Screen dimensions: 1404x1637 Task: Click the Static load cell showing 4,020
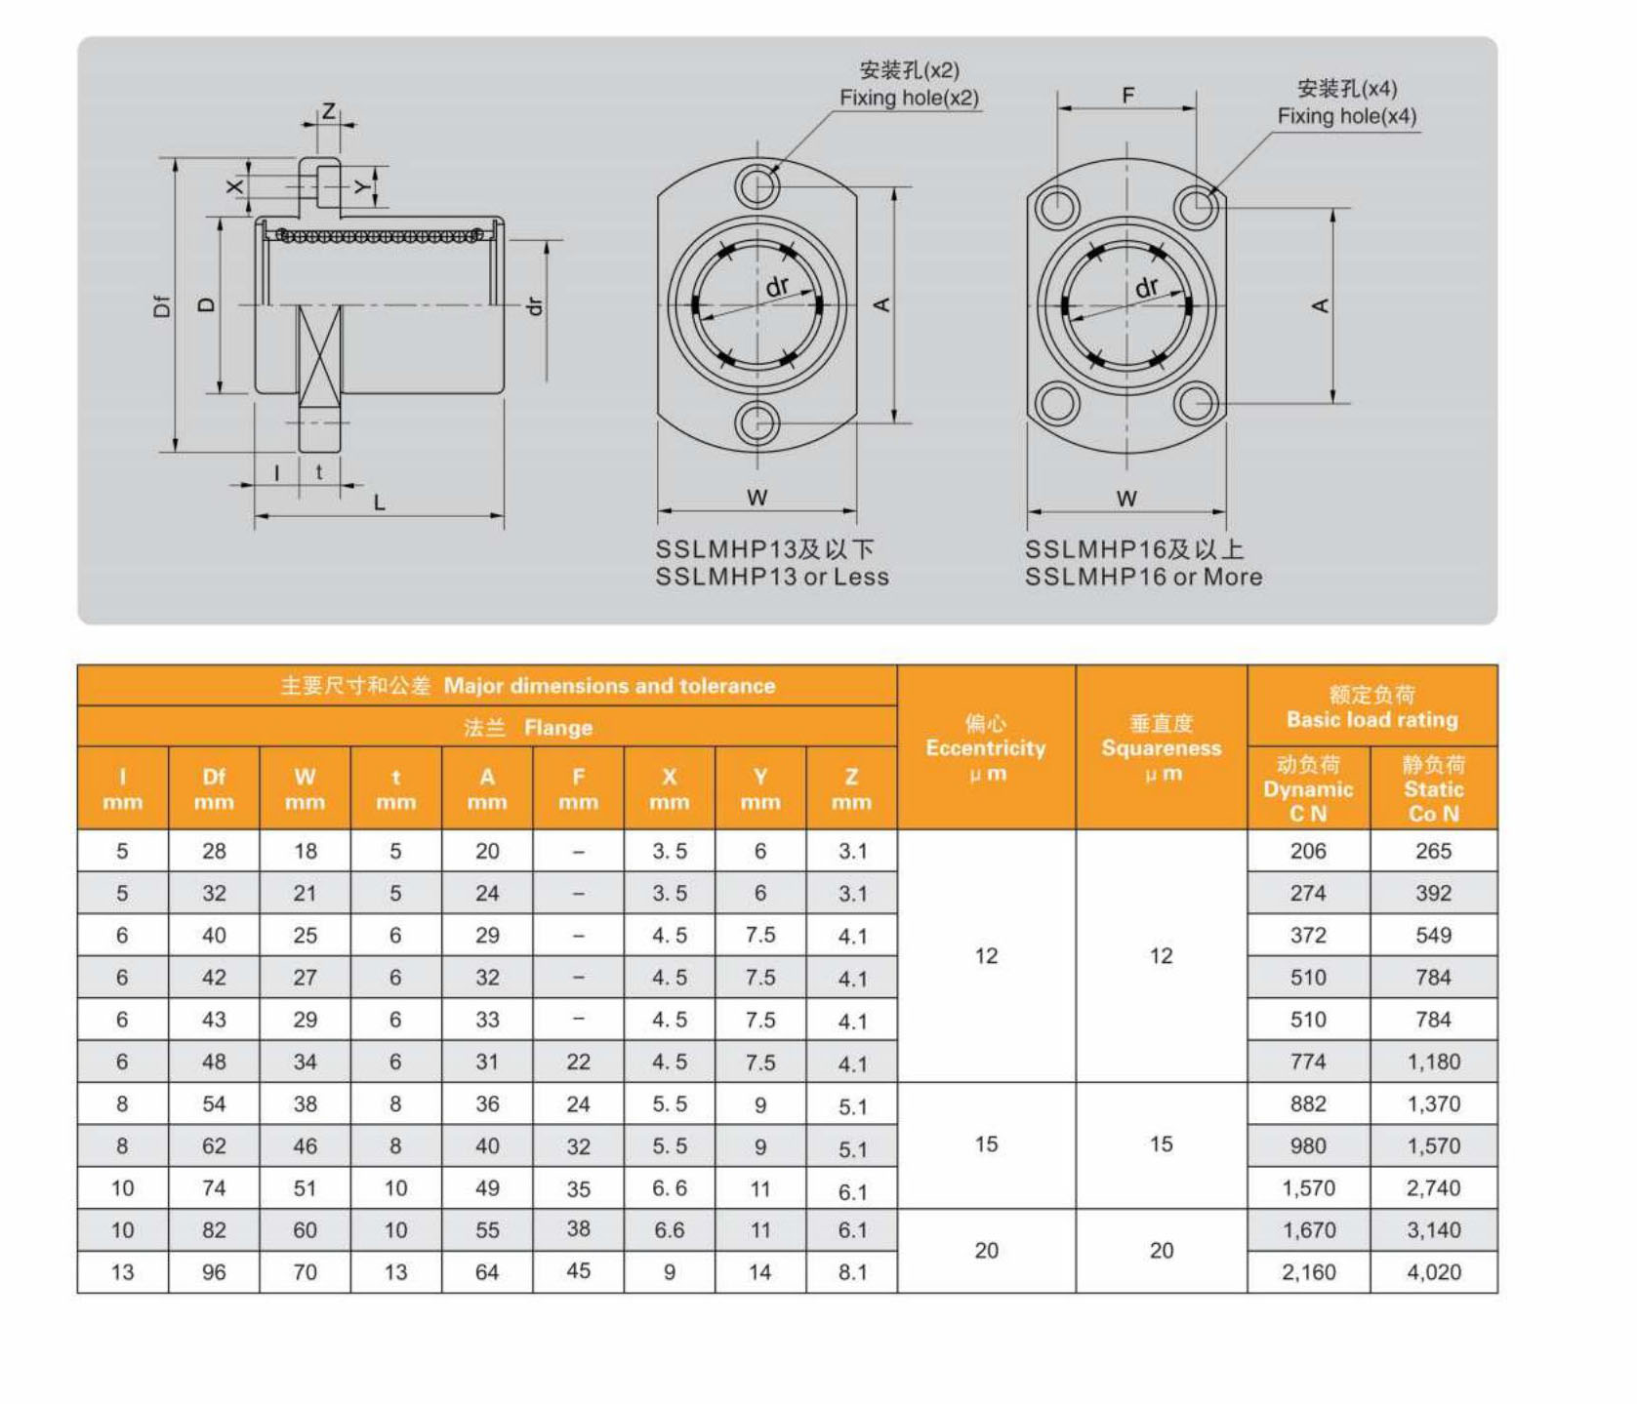pos(1433,1272)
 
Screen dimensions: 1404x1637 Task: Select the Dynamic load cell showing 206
pos(1307,851)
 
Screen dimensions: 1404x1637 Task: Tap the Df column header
pos(214,788)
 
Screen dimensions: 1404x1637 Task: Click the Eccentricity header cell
pos(986,748)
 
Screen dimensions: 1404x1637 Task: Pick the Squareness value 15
pos(1161,1144)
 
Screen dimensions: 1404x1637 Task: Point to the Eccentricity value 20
pos(986,1251)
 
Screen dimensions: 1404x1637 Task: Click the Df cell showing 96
pos(214,1272)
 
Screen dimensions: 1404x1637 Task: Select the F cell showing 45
pos(578,1271)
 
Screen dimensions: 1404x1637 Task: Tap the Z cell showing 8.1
pos(852,1272)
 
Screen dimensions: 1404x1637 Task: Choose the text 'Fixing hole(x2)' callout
pos(909,98)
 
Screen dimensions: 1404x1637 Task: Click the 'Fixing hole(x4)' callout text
pos(1346,116)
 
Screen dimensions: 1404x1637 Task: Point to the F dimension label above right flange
pos(1128,95)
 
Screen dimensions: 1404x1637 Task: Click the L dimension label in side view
pos(380,502)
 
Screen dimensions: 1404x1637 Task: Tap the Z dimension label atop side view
pos(329,110)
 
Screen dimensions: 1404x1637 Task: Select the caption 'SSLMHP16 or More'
pos(1143,577)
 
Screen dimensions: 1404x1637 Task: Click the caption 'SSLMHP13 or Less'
pos(772,577)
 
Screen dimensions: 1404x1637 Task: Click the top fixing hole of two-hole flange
pos(757,184)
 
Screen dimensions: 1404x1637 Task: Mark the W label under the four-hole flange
pos(1126,498)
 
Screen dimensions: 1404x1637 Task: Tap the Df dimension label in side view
pos(162,305)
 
